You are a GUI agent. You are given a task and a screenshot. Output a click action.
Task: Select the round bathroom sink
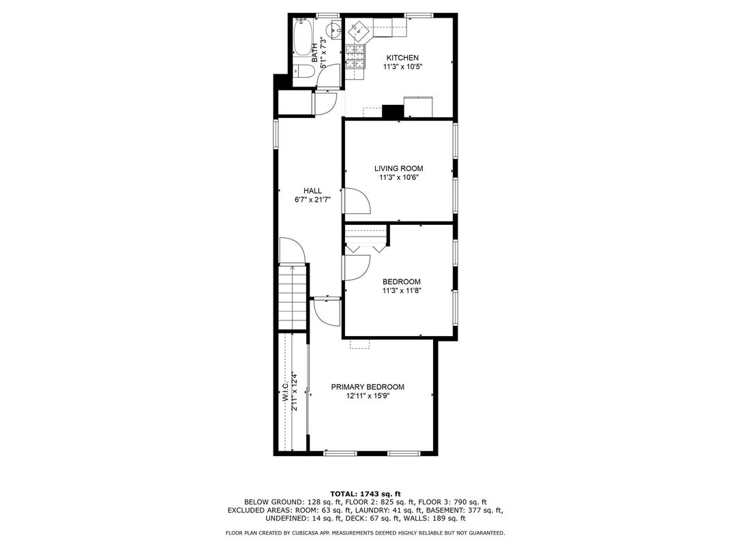click(334, 30)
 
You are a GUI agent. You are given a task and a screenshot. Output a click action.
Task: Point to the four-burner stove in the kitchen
click(355, 57)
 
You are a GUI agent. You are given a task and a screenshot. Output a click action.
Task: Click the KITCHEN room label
click(402, 58)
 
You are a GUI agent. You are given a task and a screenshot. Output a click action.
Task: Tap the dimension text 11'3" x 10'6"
click(398, 177)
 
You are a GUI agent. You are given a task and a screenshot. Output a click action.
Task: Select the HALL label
click(313, 191)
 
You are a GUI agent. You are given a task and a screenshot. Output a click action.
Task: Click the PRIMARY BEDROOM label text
click(368, 386)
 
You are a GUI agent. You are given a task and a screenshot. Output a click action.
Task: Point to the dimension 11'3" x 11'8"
click(401, 290)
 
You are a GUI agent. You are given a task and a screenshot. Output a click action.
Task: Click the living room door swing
click(356, 200)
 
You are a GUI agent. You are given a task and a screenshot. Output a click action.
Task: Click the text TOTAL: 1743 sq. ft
click(365, 493)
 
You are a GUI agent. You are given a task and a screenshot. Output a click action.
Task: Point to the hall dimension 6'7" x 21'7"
click(313, 200)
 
